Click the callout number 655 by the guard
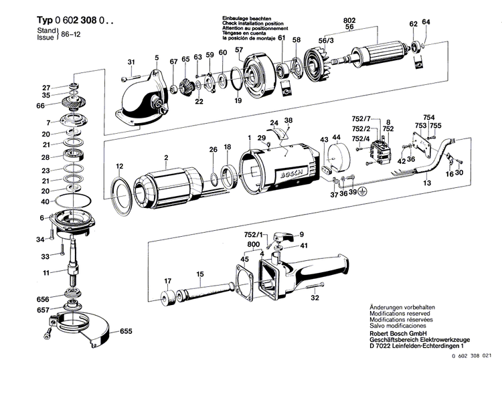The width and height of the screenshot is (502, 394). coord(126,331)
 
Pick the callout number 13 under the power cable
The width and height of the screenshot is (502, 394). coord(426,183)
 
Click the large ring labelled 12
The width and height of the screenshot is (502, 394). coord(120,197)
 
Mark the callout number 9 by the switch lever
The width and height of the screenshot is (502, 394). coord(301,233)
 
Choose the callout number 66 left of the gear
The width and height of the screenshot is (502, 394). coord(41,106)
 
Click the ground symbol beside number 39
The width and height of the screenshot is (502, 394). coord(363,191)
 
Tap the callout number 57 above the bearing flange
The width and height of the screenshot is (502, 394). coord(238,50)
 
